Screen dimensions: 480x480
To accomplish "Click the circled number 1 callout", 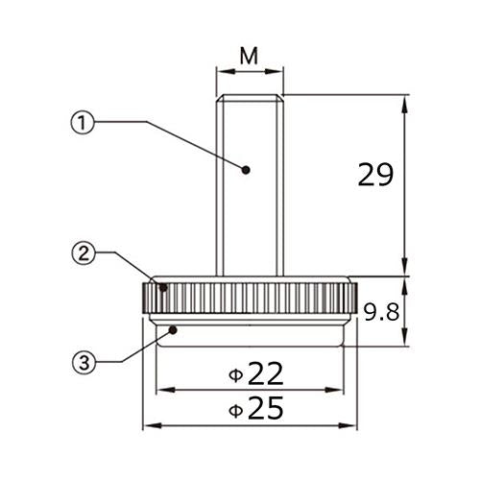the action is click(x=83, y=122).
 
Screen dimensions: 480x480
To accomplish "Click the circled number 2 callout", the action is click(x=84, y=253).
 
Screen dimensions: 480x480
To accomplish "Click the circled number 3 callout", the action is click(x=84, y=362).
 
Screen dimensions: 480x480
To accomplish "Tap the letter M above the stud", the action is click(x=249, y=56).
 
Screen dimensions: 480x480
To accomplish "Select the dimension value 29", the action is click(x=375, y=175).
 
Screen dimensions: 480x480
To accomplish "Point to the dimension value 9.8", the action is click(x=382, y=312).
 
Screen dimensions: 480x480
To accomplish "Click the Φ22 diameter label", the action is click(x=256, y=373).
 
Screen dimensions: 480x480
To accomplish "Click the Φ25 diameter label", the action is click(x=256, y=408).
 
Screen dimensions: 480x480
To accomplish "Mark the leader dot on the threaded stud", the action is click(x=246, y=170).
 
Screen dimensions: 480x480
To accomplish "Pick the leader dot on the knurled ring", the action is click(x=163, y=287).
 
